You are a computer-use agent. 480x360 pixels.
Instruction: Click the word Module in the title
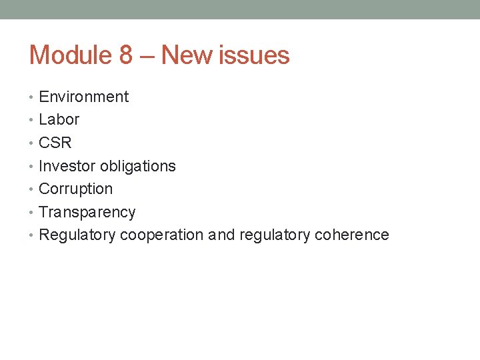(71, 55)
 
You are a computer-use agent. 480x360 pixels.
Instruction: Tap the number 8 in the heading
(126, 55)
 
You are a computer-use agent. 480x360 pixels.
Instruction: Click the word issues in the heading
(255, 55)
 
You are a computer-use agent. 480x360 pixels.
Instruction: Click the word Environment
(84, 97)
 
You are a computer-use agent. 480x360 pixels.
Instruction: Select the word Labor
(59, 120)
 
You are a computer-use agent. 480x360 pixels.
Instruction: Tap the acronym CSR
(55, 143)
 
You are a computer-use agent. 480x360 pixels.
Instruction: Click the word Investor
(67, 166)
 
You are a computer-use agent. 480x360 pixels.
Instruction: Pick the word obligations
(138, 166)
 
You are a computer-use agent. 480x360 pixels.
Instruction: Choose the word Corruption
(76, 189)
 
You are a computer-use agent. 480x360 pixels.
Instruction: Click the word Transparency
(87, 212)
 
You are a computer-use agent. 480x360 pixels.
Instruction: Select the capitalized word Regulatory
(78, 235)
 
